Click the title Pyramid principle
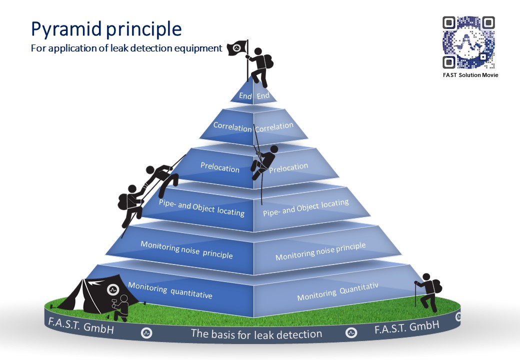106,29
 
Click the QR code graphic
468,42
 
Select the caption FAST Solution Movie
470,75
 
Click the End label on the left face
245,96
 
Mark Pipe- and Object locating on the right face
305,207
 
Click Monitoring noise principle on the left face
186,249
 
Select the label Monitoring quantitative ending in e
170,290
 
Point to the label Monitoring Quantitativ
337,291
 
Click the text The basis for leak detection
256,333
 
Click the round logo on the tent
113,289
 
